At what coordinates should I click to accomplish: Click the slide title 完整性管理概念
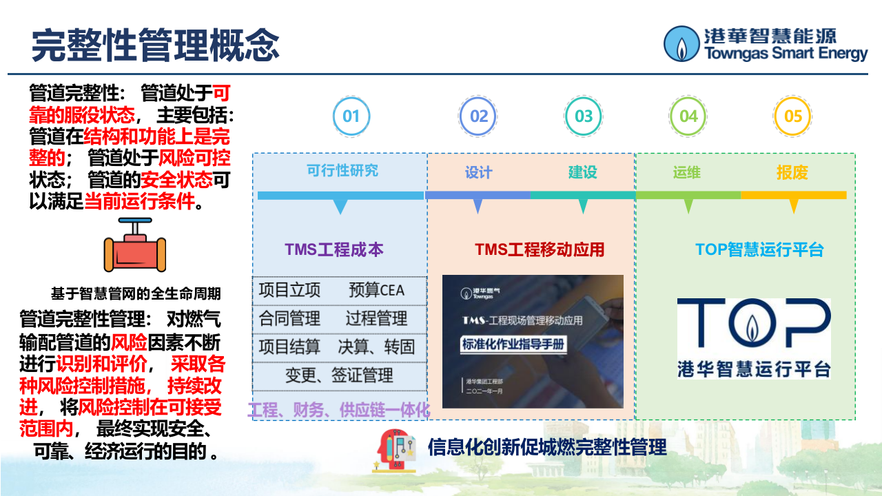tap(156, 45)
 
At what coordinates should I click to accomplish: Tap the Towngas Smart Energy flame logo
tap(681, 44)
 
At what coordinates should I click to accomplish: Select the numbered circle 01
tap(351, 116)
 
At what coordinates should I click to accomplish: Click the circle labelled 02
tap(478, 116)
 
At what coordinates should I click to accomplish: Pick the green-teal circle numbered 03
tap(583, 116)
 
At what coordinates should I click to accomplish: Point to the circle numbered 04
tap(688, 116)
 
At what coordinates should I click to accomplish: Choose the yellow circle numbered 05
tap(793, 116)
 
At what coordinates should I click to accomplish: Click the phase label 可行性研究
tap(342, 170)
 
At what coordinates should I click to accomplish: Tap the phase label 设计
tap(478, 172)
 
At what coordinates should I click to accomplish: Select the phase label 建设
tap(583, 172)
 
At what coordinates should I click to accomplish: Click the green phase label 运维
tap(687, 172)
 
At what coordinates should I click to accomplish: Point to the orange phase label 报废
tap(792, 172)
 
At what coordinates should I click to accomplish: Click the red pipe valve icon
tap(135, 247)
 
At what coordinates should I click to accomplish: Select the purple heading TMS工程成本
tap(334, 249)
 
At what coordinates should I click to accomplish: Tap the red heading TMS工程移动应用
tap(540, 249)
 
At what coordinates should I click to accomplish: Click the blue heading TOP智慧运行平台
tap(759, 249)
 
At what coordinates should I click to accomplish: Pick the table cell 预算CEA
tap(377, 290)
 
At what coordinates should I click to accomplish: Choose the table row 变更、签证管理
tap(339, 375)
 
